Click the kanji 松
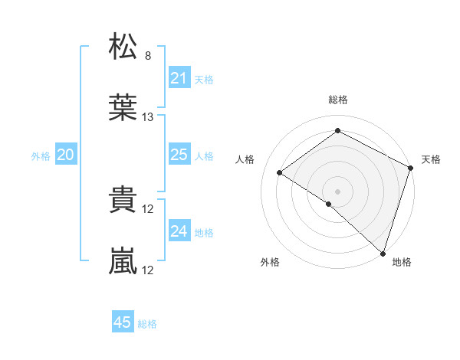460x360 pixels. (x=123, y=47)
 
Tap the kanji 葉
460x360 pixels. (x=123, y=108)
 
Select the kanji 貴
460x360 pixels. (x=123, y=201)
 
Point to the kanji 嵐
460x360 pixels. (x=123, y=261)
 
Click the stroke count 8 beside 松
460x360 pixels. (x=148, y=56)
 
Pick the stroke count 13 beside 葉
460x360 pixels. (x=148, y=117)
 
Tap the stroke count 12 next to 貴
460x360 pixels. (x=149, y=209)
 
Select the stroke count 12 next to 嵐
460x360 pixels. (x=149, y=270)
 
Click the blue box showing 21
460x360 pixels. (x=179, y=78)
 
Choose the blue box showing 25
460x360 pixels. (x=179, y=155)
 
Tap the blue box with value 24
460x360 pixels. (x=179, y=231)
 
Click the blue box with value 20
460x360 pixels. (x=65, y=155)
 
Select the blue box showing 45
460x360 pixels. (x=123, y=322)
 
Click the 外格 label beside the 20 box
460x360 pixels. (x=41, y=156)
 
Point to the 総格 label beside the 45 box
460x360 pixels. (x=147, y=324)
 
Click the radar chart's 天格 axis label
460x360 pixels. (x=431, y=159)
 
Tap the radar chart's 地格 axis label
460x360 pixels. (x=402, y=262)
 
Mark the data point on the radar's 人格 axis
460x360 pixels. (x=280, y=173)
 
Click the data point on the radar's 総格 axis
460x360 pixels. (x=337, y=130)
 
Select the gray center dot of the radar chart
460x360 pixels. (x=337, y=190)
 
